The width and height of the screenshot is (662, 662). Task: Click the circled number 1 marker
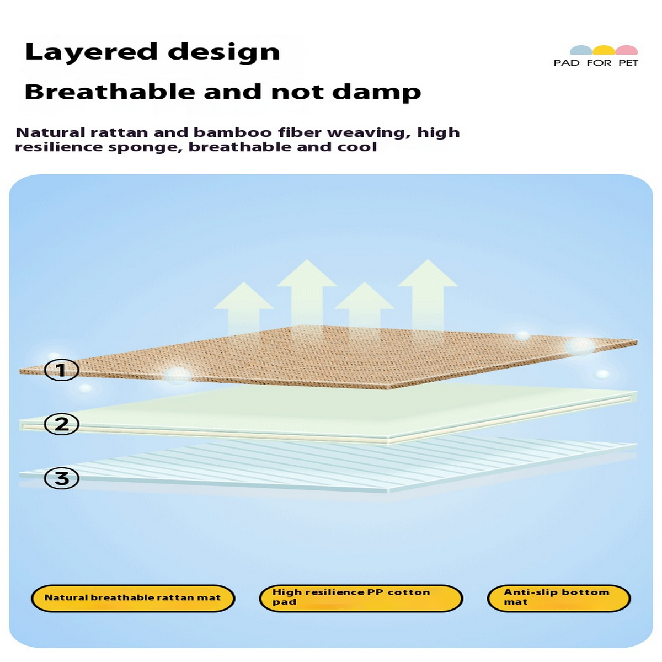[x=61, y=370]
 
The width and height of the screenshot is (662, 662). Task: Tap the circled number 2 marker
[x=61, y=424]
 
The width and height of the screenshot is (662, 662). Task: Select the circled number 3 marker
[x=61, y=478]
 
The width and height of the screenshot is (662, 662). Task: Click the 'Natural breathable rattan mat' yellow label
[x=132, y=598]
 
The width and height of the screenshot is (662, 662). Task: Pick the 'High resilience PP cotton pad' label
[x=360, y=598]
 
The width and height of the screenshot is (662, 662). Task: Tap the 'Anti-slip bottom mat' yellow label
[x=558, y=598]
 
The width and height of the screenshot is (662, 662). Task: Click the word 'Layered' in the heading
[x=91, y=52]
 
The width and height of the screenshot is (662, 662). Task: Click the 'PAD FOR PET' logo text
[x=595, y=63]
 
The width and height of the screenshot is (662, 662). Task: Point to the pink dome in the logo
[x=627, y=50]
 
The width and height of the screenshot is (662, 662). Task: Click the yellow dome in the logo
[x=604, y=50]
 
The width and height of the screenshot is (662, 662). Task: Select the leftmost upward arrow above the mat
[x=243, y=306]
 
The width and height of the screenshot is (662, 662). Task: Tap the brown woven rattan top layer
[x=331, y=356]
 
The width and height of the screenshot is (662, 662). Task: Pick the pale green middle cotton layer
[x=331, y=411]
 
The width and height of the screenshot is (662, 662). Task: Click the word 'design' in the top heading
[x=223, y=52]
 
